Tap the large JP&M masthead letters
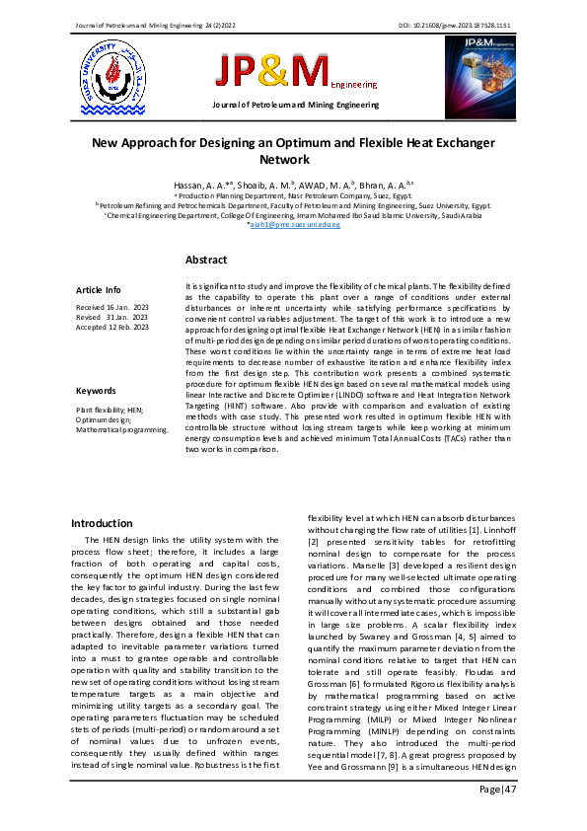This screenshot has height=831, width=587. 273,71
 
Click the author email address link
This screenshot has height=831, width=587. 293,225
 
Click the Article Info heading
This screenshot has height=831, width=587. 99,290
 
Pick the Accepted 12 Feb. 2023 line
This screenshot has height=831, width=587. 113,327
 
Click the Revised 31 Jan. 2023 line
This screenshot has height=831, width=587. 110,318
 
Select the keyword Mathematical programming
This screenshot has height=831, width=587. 122,430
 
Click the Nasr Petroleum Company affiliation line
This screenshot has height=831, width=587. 293,196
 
